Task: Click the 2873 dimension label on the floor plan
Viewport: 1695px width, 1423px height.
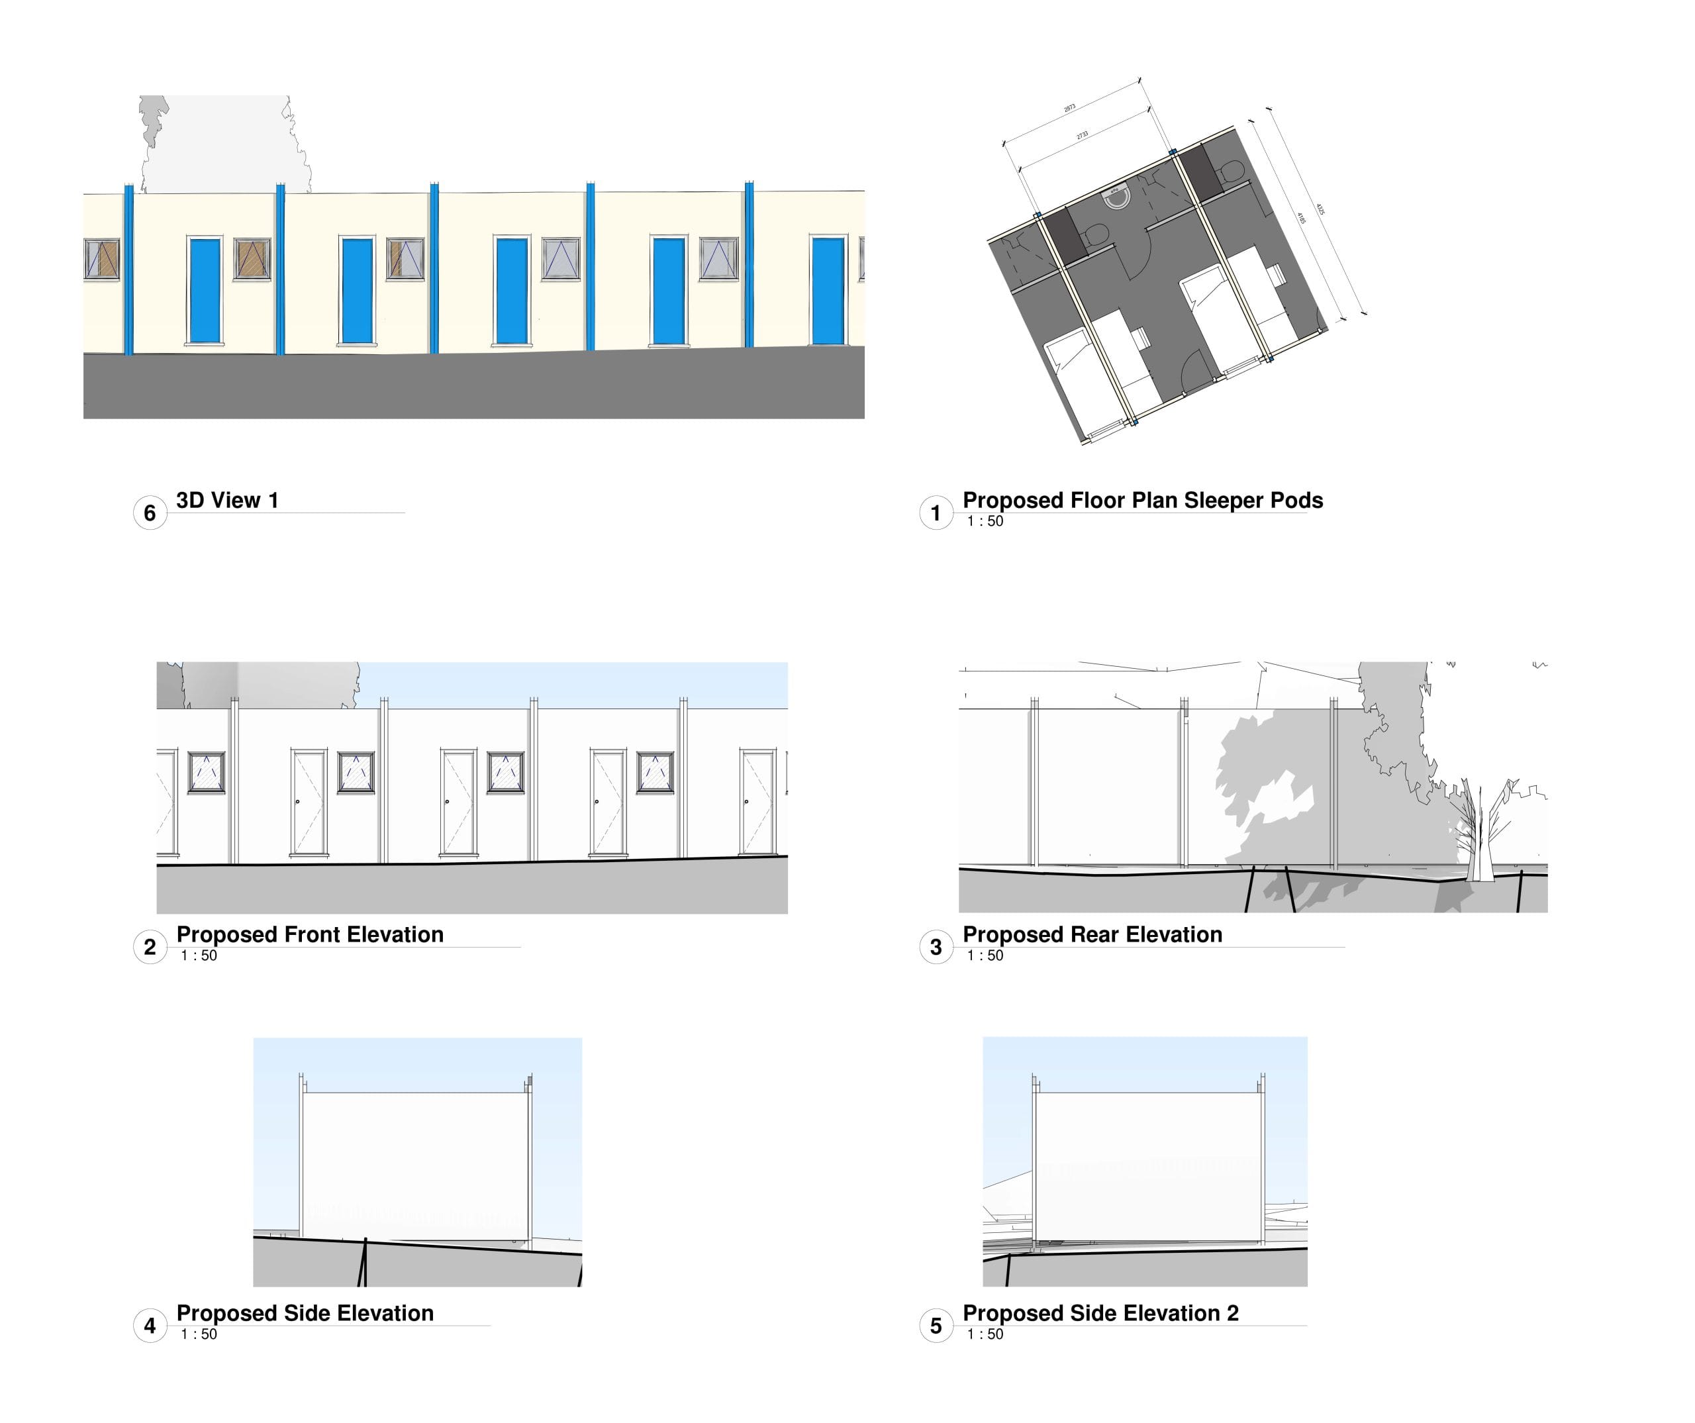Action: point(1069,107)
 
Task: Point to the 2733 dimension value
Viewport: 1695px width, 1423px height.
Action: point(1083,135)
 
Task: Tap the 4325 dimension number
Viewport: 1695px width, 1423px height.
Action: point(1320,208)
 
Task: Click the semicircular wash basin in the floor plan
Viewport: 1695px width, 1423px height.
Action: point(1116,196)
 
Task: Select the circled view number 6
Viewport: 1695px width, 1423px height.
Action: point(150,513)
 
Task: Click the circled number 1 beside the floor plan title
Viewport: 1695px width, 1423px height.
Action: point(936,513)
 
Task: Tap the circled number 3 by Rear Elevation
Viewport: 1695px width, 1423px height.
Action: point(936,948)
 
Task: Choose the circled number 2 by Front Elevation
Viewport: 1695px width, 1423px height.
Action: point(150,948)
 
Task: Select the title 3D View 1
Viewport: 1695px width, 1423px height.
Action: point(228,501)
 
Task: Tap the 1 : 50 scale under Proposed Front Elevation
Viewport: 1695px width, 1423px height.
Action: point(199,956)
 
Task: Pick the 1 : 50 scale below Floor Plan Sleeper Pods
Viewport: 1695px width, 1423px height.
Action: point(985,521)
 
